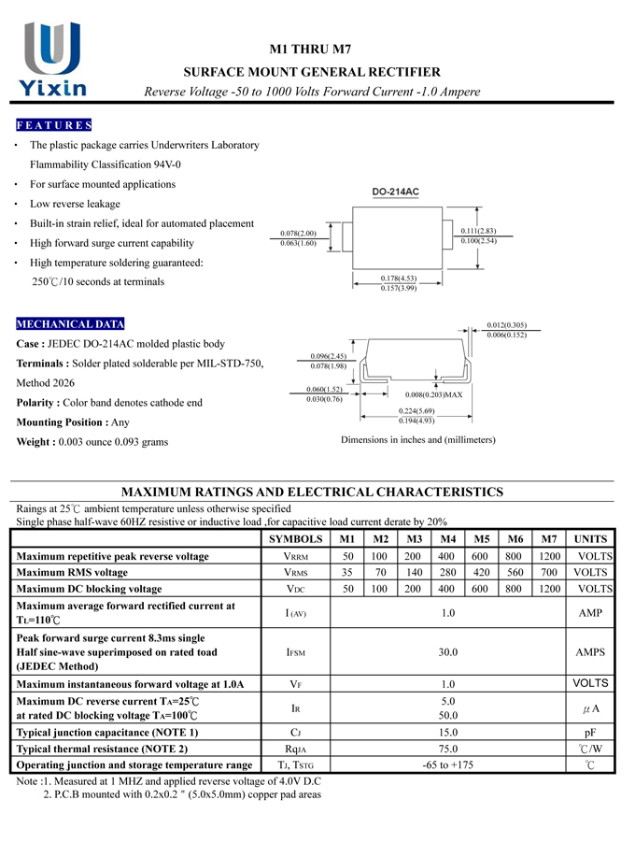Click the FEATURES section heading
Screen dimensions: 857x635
coord(53,125)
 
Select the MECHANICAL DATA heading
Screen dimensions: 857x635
coord(70,324)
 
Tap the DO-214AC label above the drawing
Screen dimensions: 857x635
coord(395,193)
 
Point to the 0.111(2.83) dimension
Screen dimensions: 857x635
coord(478,230)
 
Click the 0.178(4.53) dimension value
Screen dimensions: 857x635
coord(399,278)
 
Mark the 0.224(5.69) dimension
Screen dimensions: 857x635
coord(416,411)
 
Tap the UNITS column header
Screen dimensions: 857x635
coord(589,539)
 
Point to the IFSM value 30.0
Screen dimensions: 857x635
coord(447,652)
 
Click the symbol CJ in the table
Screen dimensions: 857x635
coord(295,733)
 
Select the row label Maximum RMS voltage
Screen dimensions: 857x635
coord(73,572)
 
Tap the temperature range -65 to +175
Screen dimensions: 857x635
coord(447,765)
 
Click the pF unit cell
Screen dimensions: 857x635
coord(589,733)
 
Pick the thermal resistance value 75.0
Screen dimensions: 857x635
coord(447,749)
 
